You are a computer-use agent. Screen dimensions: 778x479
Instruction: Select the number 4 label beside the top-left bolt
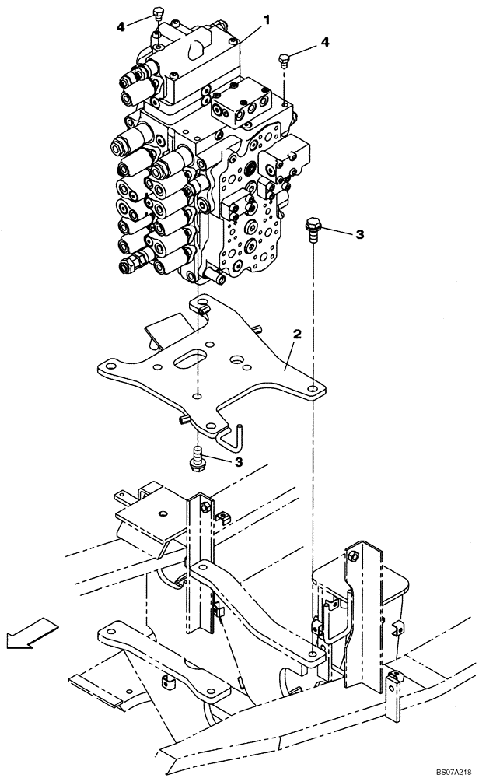click(121, 26)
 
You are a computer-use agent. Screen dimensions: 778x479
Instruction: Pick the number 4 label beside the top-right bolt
click(325, 42)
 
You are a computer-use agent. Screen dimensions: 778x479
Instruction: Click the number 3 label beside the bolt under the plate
click(239, 461)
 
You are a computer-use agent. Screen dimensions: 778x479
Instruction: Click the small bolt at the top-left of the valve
click(157, 15)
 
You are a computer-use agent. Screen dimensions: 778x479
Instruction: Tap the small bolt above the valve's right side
click(285, 59)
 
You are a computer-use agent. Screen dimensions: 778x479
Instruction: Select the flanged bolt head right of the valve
click(313, 227)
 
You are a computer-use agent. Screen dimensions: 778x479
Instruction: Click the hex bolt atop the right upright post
click(354, 556)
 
